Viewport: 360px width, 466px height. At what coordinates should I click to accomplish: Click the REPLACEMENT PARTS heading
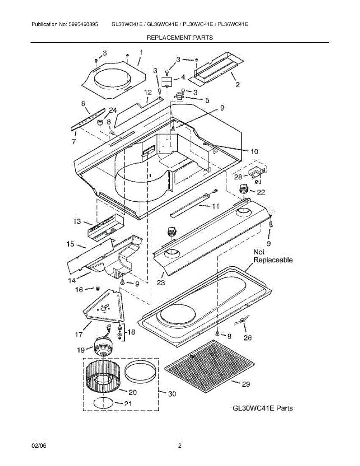pos(179,38)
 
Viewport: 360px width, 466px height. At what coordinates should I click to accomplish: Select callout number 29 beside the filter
pos(246,384)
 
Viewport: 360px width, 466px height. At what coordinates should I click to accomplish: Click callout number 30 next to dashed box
pos(172,394)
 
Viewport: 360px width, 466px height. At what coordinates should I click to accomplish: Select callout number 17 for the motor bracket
pos(78,334)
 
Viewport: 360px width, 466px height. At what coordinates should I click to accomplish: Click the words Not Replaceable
pos(273,256)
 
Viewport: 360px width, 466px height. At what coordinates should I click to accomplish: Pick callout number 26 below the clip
pos(247,337)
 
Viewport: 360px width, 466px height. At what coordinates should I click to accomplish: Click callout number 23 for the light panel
pos(161,283)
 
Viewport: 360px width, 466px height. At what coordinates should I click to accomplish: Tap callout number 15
pos(70,244)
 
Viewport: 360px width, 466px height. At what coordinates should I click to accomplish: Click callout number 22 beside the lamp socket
pos(261,191)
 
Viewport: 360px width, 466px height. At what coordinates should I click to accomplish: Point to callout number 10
pos(254,151)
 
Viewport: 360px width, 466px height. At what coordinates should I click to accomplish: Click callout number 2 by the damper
pos(237,85)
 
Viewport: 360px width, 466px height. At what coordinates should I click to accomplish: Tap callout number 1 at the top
pos(141,52)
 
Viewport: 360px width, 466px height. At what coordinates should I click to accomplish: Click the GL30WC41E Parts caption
pos(262,408)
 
